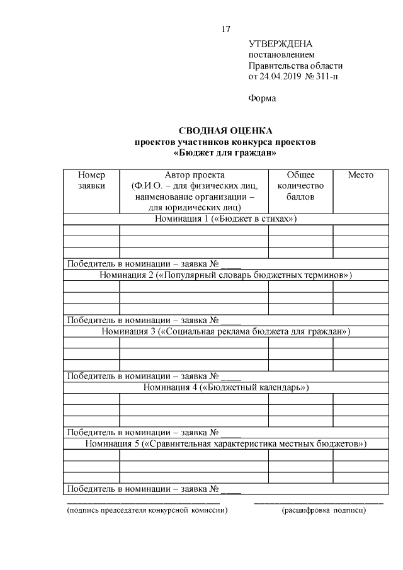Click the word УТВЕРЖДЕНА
tap(281, 44)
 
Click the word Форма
tap(262, 98)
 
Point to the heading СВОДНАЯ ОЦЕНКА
tap(225, 131)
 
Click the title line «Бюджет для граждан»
tap(225, 152)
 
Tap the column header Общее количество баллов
tap(300, 185)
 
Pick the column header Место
tap(360, 175)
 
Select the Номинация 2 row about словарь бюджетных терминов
tap(225, 275)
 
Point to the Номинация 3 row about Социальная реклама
tap(225, 331)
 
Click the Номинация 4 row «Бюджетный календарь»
tap(225, 387)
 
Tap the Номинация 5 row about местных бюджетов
tap(225, 444)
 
